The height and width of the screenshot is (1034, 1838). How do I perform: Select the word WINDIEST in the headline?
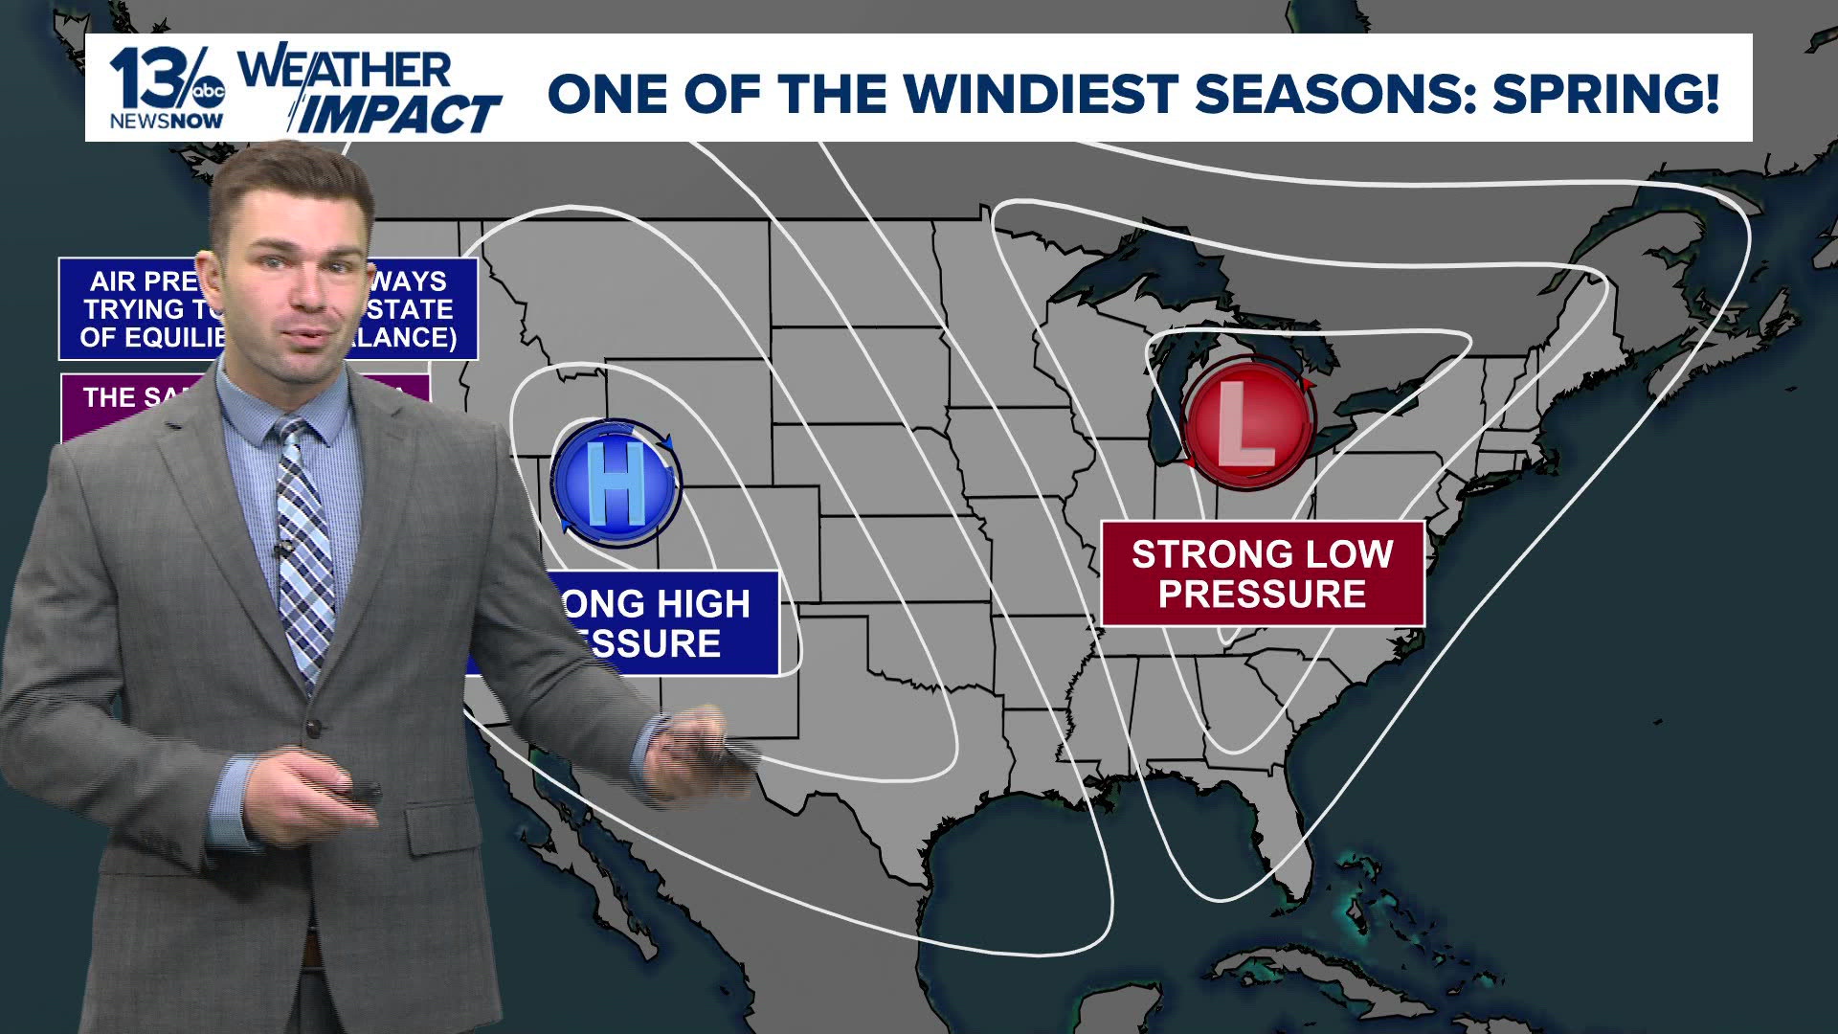1041,93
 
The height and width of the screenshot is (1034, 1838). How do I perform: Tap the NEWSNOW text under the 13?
167,122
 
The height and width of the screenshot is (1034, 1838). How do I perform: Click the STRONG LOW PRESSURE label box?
1262,573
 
